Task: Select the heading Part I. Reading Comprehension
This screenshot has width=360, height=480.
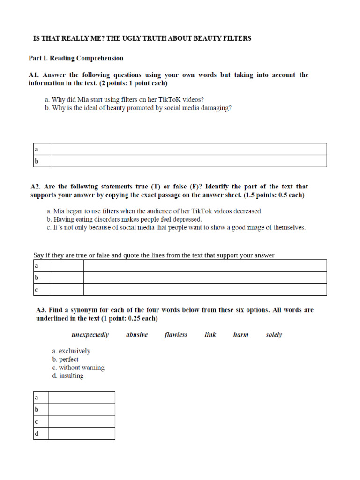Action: (x=76, y=58)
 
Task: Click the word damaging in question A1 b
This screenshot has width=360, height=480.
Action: (x=215, y=108)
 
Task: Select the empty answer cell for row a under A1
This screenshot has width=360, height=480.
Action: (x=189, y=149)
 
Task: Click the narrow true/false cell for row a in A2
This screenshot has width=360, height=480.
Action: (x=67, y=266)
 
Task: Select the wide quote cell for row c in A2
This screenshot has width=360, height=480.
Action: (x=205, y=289)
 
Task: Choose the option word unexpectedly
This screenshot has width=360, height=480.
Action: (x=90, y=335)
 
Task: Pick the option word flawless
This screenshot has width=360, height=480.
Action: (x=176, y=335)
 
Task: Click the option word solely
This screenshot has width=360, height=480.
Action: (x=274, y=335)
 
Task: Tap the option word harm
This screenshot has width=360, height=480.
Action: (x=240, y=335)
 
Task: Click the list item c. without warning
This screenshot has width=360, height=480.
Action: (x=78, y=367)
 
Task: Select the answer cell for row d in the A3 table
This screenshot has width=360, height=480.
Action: (x=82, y=433)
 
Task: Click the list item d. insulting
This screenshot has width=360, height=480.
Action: (x=68, y=376)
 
